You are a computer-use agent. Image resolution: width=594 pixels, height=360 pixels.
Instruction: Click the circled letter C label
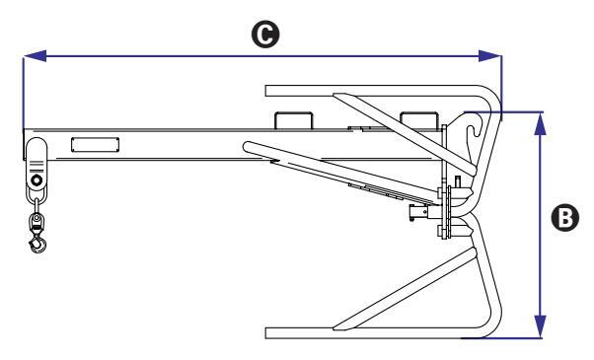(x=265, y=35)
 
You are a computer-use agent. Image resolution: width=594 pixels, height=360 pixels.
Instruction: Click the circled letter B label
(x=564, y=218)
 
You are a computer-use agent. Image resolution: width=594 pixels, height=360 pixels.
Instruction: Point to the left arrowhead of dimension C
(x=35, y=56)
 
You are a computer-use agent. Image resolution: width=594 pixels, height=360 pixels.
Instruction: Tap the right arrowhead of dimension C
(x=489, y=56)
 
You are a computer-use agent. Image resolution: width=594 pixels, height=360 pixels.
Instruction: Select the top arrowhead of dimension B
(x=541, y=123)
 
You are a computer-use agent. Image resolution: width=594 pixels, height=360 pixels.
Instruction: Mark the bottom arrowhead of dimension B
(x=541, y=326)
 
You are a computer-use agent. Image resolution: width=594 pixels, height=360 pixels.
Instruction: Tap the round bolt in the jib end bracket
(x=37, y=180)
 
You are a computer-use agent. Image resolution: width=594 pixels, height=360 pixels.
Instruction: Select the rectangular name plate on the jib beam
(x=95, y=145)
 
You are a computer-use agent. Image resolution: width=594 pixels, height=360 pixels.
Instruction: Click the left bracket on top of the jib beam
(x=294, y=120)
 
